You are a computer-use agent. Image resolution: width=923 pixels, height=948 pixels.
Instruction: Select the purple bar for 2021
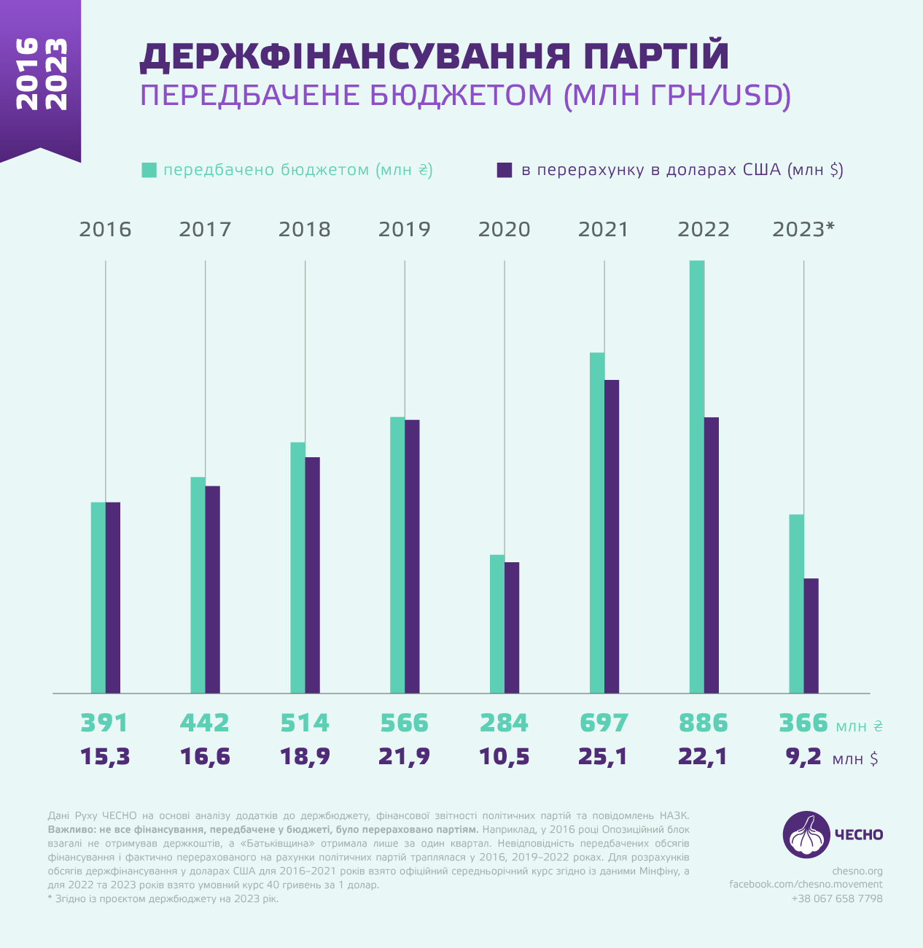coord(612,536)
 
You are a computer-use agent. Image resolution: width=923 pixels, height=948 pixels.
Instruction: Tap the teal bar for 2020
coord(497,623)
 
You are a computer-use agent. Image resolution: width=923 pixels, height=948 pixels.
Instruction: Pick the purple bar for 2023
coord(811,635)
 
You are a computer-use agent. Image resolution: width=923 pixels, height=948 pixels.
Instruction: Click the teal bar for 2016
coord(98,597)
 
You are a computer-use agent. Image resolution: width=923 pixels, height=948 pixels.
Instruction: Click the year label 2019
coord(405,230)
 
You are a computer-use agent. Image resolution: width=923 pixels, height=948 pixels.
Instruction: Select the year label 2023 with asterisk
coord(803,230)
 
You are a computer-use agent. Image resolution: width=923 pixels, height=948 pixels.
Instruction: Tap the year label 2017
coord(205,230)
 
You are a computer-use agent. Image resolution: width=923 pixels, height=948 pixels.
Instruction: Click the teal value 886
coord(704,723)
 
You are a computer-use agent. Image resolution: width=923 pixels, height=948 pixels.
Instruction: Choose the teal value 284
coord(504,723)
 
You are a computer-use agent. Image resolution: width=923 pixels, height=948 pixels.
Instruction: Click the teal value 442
coord(205,723)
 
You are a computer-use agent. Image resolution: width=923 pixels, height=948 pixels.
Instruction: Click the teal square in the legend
coord(149,170)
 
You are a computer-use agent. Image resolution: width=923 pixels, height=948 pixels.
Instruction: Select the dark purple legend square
coord(505,170)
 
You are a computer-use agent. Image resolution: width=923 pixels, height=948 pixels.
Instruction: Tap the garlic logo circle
coord(806,834)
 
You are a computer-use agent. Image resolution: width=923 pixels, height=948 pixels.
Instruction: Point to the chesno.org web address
coord(857,871)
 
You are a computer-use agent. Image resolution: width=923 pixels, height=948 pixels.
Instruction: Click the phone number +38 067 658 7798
coord(837,898)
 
